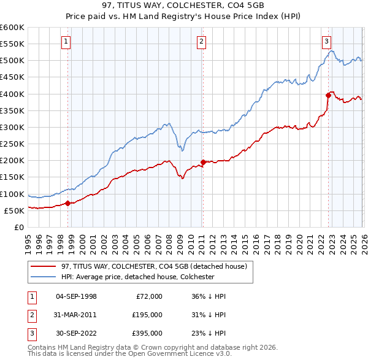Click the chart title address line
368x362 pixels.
[184, 6]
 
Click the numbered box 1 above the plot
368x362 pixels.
[66, 42]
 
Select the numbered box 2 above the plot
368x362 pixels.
[201, 42]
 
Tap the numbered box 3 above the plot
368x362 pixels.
[326, 42]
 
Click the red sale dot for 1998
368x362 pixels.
[67, 203]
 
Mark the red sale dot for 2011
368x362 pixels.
[203, 162]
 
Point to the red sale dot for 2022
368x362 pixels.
[328, 95]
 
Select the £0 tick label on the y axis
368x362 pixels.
[18, 227]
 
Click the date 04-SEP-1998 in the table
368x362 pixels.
[76, 296]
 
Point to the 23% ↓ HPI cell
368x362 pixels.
[209, 334]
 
